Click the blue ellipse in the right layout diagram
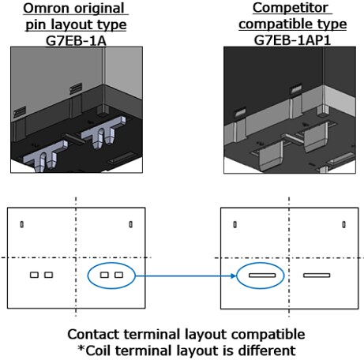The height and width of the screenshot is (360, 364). tap(261, 276)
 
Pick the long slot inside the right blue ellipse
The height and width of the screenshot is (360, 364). tap(261, 276)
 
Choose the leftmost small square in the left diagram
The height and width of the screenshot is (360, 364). tap(34, 276)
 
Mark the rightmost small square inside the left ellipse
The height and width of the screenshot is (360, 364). tap(118, 276)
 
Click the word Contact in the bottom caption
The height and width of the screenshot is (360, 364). tap(93, 334)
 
